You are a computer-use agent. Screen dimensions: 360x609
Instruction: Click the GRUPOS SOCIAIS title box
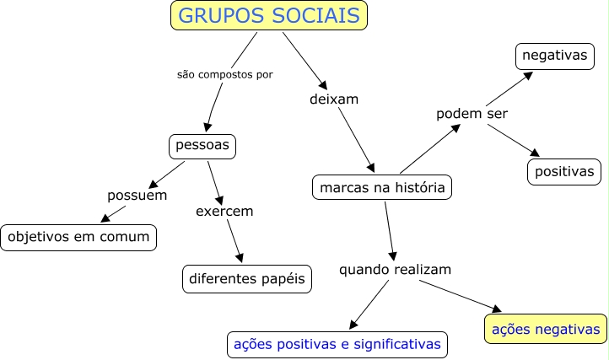tap(270, 16)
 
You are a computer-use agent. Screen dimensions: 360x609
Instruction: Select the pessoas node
tap(202, 146)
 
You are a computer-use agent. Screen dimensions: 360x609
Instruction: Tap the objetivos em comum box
tap(78, 238)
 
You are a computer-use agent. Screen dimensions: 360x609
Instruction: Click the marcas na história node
tap(381, 187)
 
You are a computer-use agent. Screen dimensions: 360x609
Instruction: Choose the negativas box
tap(553, 56)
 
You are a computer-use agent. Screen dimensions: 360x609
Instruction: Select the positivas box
tap(564, 171)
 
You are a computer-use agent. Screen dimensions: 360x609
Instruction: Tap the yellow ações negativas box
tap(545, 329)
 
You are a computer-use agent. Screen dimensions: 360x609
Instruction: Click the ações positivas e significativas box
tap(337, 344)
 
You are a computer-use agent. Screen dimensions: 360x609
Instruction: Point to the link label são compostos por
tap(224, 74)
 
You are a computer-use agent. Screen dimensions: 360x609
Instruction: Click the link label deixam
tap(335, 99)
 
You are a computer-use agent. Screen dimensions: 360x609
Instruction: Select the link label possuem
tap(137, 196)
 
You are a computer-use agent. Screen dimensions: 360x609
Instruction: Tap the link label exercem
tap(224, 211)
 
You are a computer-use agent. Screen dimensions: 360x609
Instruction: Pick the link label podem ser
tap(472, 114)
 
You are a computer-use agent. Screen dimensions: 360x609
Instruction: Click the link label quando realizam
tap(396, 270)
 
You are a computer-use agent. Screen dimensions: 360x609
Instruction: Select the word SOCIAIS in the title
tap(317, 16)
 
